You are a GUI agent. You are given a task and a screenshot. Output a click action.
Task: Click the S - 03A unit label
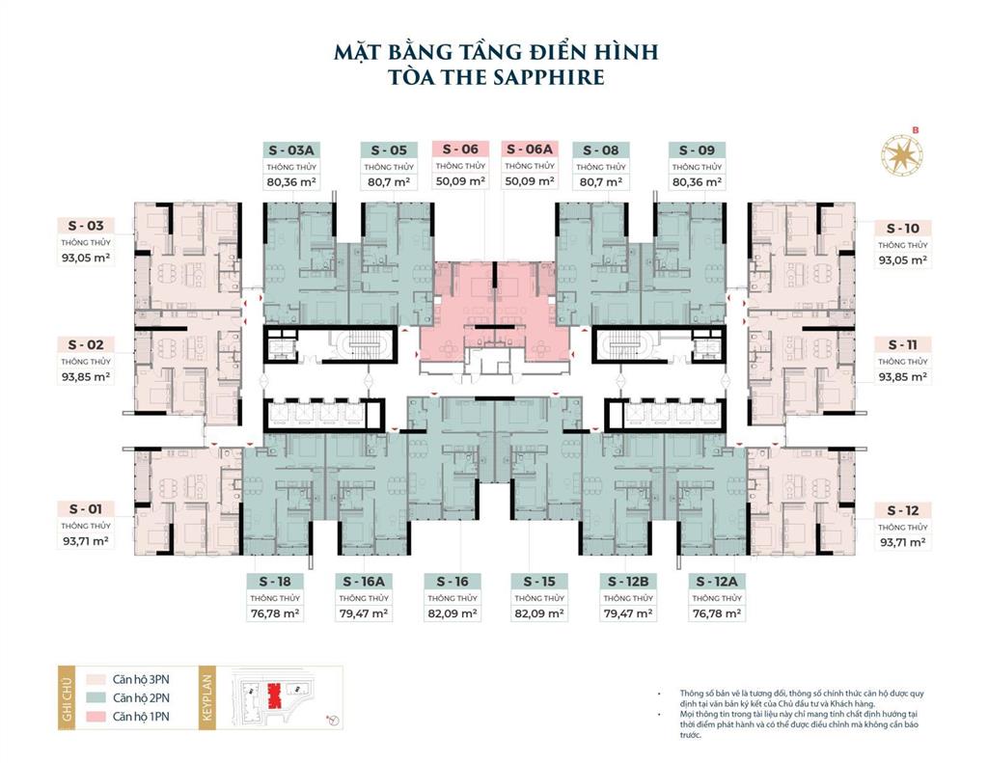(x=292, y=150)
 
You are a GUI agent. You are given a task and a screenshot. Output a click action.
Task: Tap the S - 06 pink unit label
(x=456, y=150)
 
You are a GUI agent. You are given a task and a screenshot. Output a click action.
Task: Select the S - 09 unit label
(x=697, y=150)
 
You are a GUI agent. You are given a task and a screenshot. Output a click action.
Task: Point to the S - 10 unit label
(x=903, y=229)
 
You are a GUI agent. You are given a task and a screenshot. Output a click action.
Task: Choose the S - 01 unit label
(x=86, y=508)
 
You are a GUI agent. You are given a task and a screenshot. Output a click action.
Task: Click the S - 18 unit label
(x=275, y=582)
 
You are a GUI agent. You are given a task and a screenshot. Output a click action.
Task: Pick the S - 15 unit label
(x=539, y=582)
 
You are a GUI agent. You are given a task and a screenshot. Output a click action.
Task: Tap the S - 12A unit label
(x=716, y=582)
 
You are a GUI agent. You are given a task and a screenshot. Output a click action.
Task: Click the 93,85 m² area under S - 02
(x=86, y=377)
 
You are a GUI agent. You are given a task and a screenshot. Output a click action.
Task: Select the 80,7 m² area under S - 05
(x=389, y=181)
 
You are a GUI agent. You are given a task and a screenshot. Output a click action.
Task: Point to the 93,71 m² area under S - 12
(x=903, y=542)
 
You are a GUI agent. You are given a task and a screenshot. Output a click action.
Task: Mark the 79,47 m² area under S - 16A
(x=363, y=613)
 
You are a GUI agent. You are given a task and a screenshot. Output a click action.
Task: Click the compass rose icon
(x=902, y=154)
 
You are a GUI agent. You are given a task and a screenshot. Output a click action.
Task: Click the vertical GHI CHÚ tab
(x=68, y=696)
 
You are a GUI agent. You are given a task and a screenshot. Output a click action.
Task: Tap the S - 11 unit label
(x=903, y=344)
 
